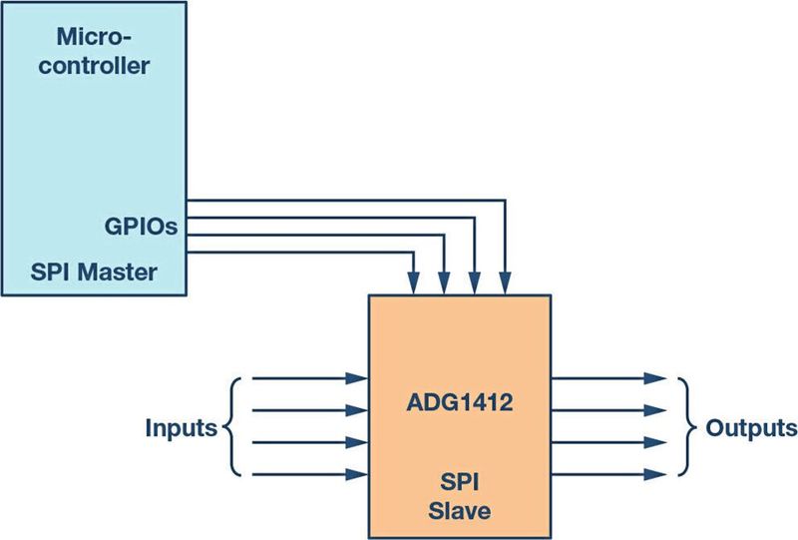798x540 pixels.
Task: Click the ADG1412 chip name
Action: pyautogui.click(x=460, y=404)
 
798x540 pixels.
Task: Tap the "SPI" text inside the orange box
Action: pyautogui.click(x=460, y=482)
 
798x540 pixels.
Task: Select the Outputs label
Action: pyautogui.click(x=751, y=428)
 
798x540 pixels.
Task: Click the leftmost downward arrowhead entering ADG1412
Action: pyautogui.click(x=413, y=284)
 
